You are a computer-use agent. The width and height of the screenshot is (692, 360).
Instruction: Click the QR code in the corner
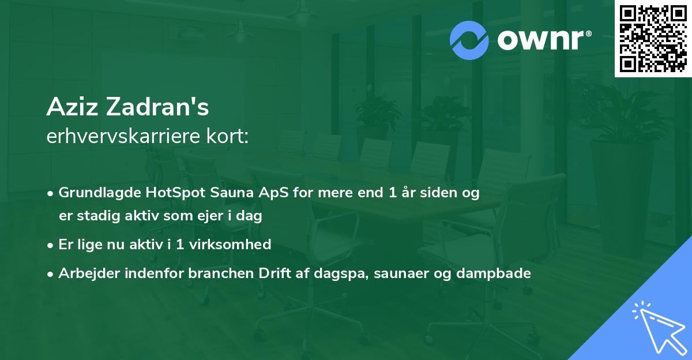point(653,39)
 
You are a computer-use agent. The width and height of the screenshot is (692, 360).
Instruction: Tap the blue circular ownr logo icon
point(469,40)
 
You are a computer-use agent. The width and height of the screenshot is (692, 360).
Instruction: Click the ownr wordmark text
point(544,40)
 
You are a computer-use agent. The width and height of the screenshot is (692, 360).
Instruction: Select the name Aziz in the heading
point(72,107)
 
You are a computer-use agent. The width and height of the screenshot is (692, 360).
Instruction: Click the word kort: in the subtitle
point(228,136)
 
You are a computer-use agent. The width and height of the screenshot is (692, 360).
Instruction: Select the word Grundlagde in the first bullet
point(100,193)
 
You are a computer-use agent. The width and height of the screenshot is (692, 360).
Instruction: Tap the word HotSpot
point(175,193)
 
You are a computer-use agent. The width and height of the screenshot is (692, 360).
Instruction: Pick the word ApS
point(273,193)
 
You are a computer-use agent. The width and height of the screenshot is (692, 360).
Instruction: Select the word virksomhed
point(230,245)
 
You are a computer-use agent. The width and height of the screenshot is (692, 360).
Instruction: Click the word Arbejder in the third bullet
point(89,273)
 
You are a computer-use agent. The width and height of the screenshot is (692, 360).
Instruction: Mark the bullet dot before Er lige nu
point(50,246)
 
